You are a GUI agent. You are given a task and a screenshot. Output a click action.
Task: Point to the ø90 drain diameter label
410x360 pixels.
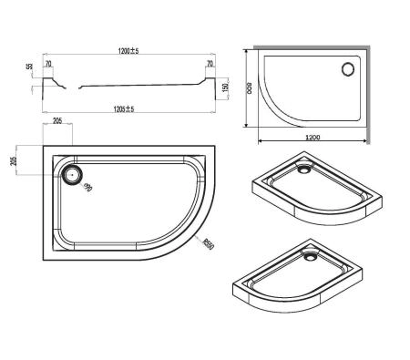[x=89, y=189]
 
